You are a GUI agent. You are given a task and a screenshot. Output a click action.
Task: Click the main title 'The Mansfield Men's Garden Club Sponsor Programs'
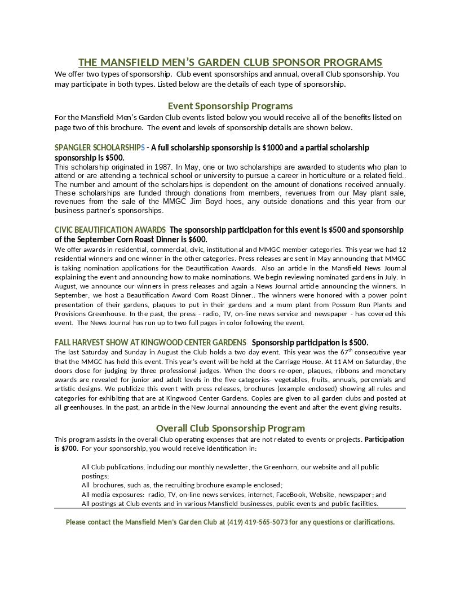230,62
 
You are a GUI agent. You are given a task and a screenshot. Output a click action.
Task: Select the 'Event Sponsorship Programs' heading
230,106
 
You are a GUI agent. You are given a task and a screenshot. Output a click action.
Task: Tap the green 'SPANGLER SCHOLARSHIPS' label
99,148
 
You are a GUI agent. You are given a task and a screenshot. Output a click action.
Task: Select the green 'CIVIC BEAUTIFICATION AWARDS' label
110,230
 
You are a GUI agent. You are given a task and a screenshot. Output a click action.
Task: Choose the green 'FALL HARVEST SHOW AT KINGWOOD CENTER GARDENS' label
151,343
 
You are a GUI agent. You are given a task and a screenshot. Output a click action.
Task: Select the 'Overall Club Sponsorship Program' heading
230,428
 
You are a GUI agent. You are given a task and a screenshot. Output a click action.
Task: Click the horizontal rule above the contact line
230,508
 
